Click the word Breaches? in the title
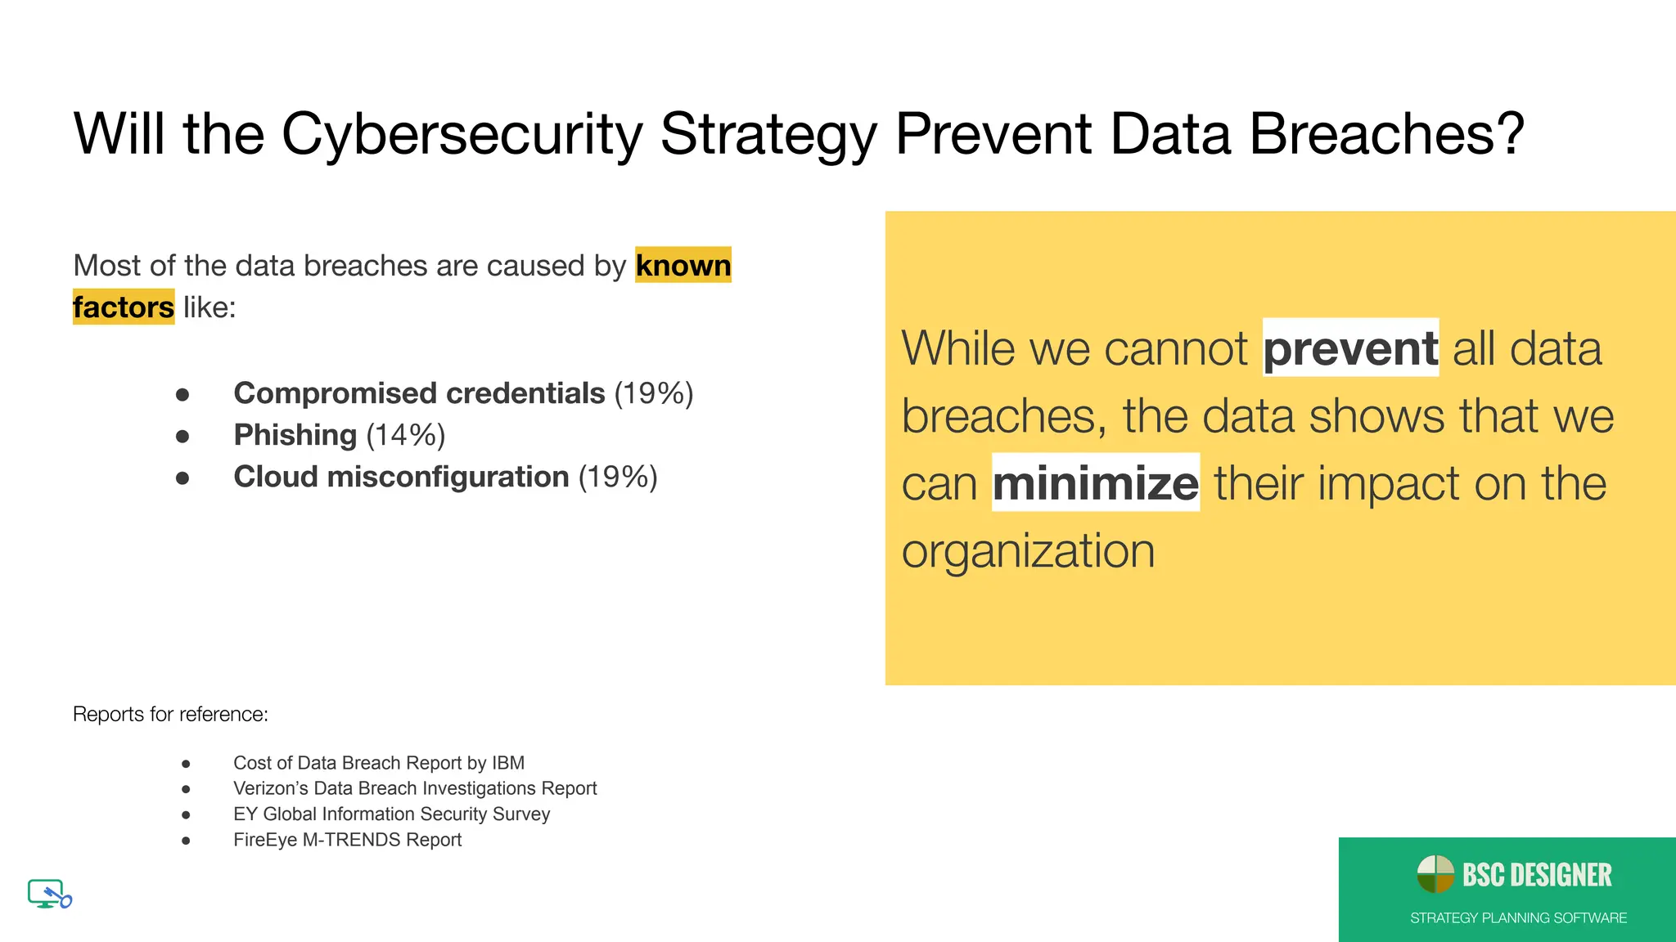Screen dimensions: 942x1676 pos(1386,135)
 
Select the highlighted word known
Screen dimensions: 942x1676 pos(683,266)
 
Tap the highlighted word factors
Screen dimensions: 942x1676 pos(124,307)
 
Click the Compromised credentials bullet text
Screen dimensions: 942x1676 pos(419,393)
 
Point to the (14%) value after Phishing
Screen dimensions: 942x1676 pos(405,435)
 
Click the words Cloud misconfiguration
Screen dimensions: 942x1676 pos(401,477)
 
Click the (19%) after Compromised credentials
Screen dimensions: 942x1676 pos(654,393)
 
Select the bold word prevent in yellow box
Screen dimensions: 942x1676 pos(1350,348)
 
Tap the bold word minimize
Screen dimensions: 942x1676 pos(1095,483)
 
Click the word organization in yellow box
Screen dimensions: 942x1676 pos(1028,551)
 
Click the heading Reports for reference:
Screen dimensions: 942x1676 pos(170,714)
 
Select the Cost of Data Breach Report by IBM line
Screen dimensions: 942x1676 pos(379,763)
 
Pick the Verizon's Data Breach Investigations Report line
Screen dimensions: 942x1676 pos(415,788)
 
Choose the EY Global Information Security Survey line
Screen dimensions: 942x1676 pos(391,814)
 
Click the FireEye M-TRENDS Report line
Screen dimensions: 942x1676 pos(347,840)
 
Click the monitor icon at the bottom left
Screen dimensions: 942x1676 pos(48,894)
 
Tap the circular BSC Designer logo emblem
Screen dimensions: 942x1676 pos(1435,874)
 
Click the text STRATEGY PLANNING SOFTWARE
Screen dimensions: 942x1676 pos(1518,918)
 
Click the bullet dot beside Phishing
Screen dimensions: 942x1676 pos(182,436)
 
